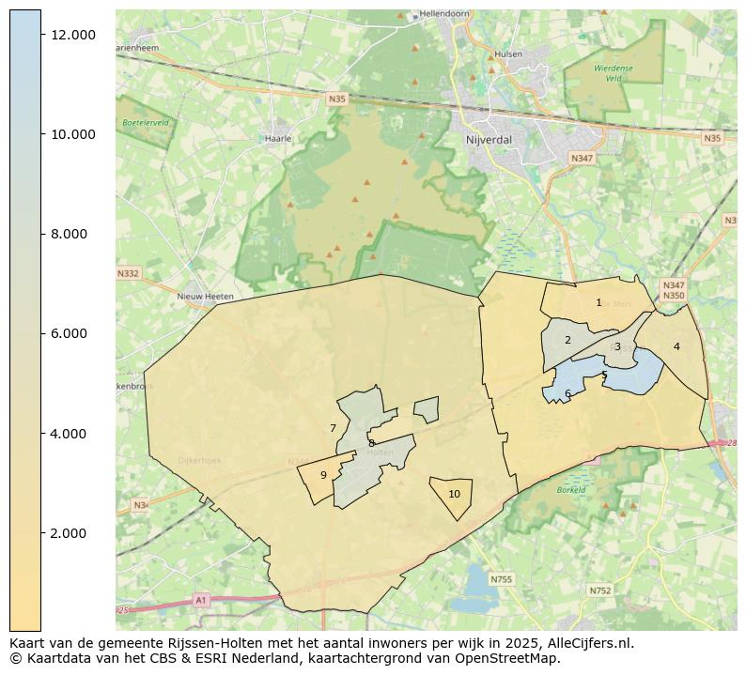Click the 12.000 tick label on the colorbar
pos(73,35)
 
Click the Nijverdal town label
pos(488,139)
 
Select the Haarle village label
pos(279,138)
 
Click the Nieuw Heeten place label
pos(205,297)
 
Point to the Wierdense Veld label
pos(614,73)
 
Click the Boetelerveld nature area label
pos(145,123)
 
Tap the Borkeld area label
pos(571,490)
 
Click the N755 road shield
pos(503,579)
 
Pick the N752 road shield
pos(599,591)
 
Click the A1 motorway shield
pos(200,599)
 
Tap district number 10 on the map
pos(454,494)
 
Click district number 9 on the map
pos(323,475)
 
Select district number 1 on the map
pos(598,303)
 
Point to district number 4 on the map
pos(676,346)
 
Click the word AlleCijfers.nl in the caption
pos(590,644)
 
